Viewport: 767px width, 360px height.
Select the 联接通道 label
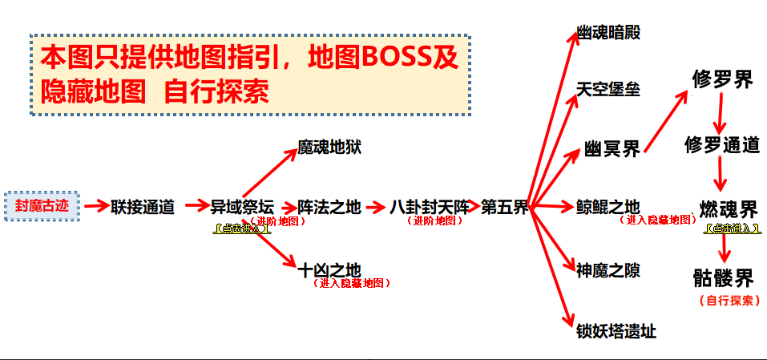(143, 207)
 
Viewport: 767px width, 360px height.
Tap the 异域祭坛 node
(242, 207)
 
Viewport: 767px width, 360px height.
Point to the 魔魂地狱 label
(329, 148)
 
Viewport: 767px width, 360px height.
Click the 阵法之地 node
(329, 207)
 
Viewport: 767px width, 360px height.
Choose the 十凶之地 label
(329, 270)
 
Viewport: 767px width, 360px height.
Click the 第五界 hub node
(505, 207)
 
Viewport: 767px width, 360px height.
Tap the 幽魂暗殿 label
(608, 33)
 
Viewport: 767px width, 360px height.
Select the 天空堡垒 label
(608, 89)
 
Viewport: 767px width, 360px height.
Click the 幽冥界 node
(612, 150)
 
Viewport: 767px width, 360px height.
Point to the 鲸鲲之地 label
(608, 207)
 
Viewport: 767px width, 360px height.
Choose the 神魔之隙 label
(608, 270)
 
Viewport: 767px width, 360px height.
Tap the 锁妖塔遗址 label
(616, 330)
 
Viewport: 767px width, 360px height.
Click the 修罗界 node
(722, 80)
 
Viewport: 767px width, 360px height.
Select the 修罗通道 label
(722, 145)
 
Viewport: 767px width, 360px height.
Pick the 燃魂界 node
(728, 210)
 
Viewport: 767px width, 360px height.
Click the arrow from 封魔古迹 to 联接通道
(96, 207)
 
